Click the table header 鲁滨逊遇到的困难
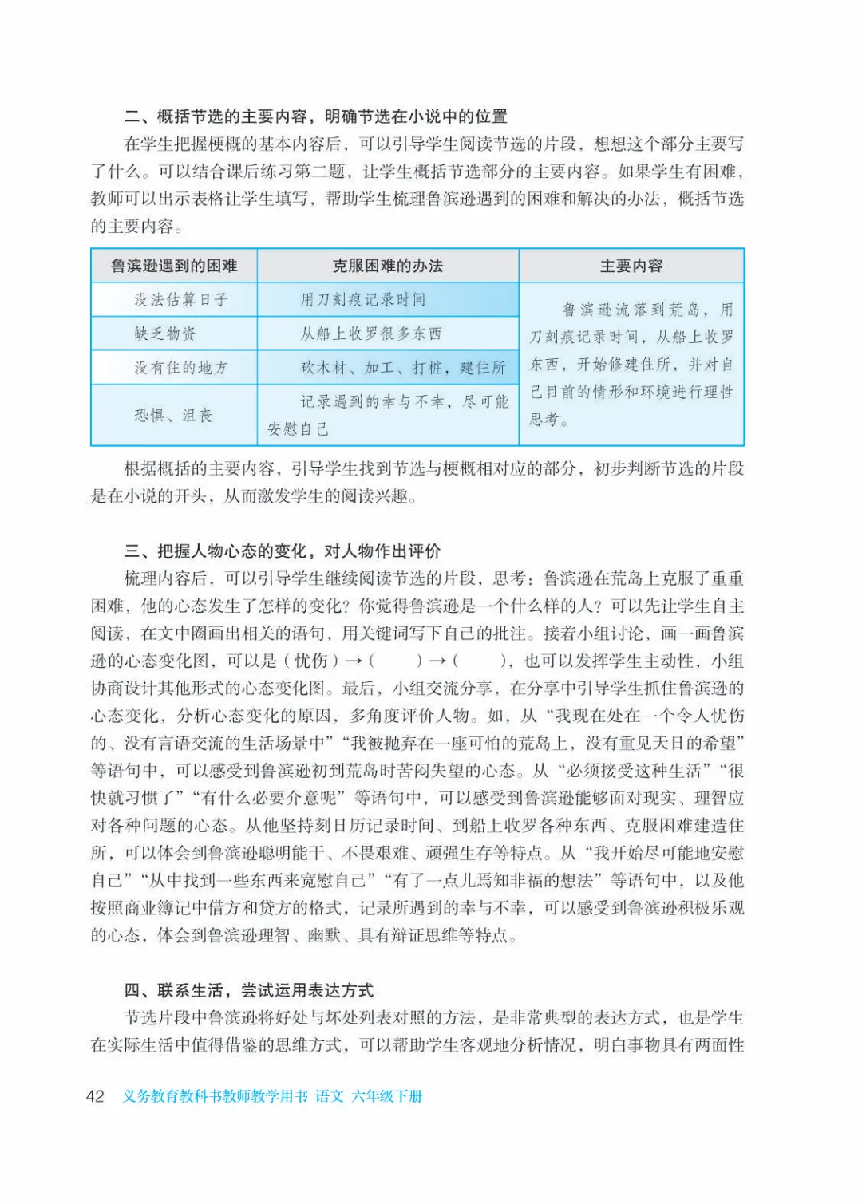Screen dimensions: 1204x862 click(x=174, y=266)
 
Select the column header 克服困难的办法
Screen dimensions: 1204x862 click(x=388, y=266)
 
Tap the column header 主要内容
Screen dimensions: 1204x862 click(x=631, y=266)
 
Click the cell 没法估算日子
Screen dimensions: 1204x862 click(x=181, y=300)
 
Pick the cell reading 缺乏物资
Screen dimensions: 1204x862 click(x=165, y=334)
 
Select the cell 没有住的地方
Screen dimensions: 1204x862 click(x=181, y=368)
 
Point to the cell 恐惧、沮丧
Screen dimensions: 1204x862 click(x=173, y=415)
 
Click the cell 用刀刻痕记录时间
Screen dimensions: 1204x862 click(x=363, y=300)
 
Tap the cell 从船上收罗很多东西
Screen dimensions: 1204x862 click(x=371, y=334)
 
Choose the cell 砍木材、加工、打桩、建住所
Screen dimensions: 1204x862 click(x=403, y=368)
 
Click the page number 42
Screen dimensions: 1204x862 click(x=95, y=1096)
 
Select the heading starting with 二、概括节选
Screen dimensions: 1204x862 click(x=316, y=116)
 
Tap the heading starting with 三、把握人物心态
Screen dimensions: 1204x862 click(x=283, y=551)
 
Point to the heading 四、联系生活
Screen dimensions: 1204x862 click(x=249, y=990)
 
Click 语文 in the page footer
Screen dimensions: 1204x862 click(x=329, y=1096)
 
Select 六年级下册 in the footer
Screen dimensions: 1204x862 click(x=387, y=1096)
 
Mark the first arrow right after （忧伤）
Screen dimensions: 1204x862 click(x=354, y=661)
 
